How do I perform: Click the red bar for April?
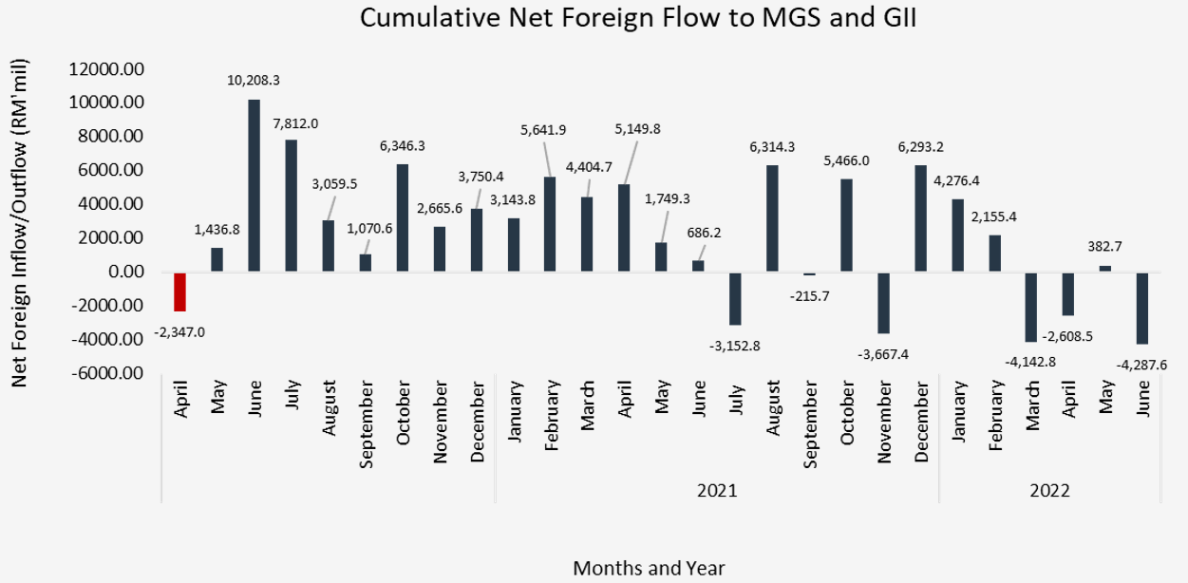(180, 291)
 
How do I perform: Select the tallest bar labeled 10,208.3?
(255, 186)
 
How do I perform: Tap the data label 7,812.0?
(295, 123)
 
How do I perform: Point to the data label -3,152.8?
(734, 347)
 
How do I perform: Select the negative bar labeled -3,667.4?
(883, 303)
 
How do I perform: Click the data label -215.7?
(809, 296)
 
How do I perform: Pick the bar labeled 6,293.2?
(921, 218)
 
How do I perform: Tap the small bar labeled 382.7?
(1105, 269)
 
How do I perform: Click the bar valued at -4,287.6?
(1141, 309)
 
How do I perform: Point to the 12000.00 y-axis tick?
(106, 69)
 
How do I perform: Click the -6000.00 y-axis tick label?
(107, 373)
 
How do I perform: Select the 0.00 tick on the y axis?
(126, 272)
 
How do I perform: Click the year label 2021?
(717, 491)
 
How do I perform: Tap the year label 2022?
(1049, 491)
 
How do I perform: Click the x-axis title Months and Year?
(649, 568)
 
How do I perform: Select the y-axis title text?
(19, 223)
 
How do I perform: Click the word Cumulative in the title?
(430, 17)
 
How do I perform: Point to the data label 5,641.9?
(543, 130)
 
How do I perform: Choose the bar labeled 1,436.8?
(217, 260)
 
